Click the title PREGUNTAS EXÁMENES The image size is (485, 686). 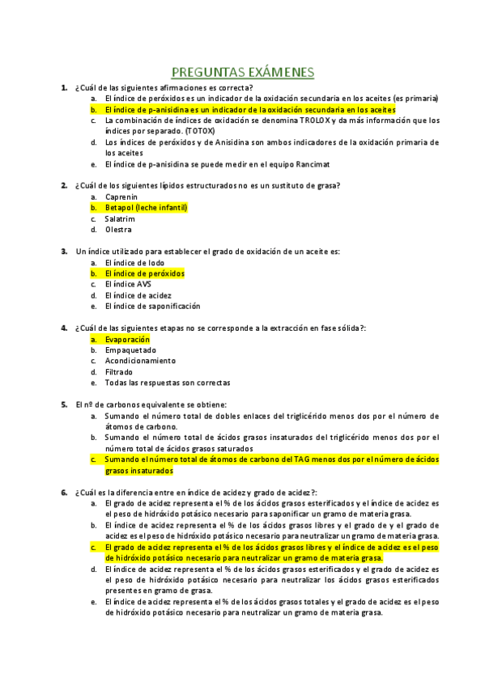243,72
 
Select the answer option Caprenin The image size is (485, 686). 121,197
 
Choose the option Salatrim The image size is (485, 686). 120,218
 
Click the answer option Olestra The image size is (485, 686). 118,230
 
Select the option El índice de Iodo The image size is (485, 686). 134,263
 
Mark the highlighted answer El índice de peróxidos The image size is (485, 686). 144,273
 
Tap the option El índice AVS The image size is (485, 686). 128,284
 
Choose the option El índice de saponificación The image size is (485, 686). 152,307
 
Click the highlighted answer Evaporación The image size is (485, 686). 127,340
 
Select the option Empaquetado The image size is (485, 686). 130,350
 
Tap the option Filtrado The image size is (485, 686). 121,372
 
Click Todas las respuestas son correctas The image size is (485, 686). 168,383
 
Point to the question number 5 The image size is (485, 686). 64,404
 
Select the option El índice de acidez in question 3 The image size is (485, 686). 138,295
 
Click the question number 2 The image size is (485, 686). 64,185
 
